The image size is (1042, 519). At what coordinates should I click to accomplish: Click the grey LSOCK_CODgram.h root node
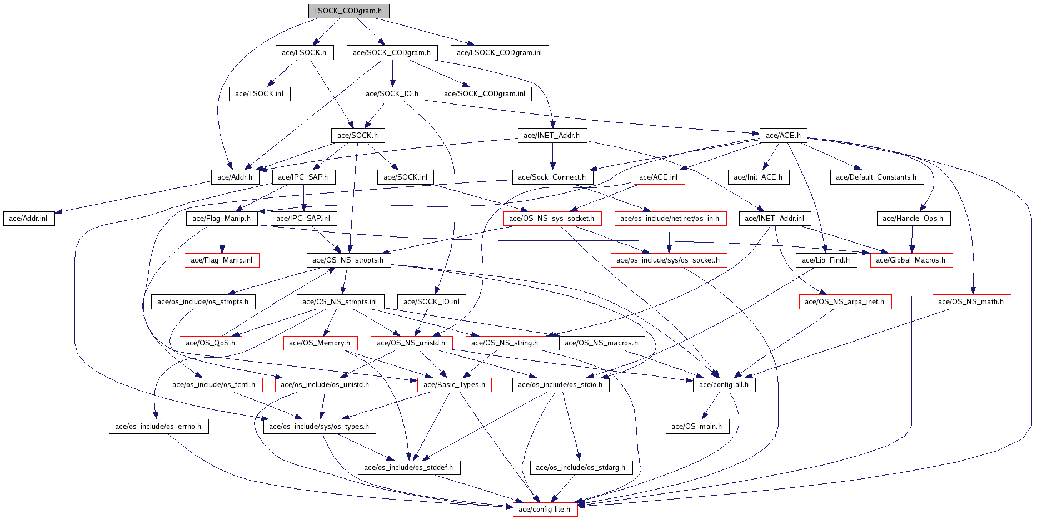tap(348, 11)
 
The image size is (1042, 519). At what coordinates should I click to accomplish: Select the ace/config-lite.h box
tap(545, 510)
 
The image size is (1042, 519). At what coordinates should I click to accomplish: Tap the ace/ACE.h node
tap(783, 136)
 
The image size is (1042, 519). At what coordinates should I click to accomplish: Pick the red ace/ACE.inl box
tap(659, 177)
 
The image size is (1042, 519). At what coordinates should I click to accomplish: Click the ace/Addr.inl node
tap(29, 219)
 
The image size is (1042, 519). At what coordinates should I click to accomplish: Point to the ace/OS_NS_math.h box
tap(971, 302)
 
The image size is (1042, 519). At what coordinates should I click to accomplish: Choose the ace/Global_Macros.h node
tap(911, 260)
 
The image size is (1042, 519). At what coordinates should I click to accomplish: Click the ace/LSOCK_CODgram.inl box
tap(500, 53)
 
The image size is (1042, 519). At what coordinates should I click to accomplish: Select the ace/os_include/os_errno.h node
tap(158, 427)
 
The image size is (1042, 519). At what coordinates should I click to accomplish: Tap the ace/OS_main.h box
tap(697, 427)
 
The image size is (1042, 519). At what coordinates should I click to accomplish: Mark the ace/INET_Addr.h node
tap(552, 136)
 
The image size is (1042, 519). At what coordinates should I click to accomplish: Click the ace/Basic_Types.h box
tap(454, 385)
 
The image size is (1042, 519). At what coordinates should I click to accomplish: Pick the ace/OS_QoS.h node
tap(211, 343)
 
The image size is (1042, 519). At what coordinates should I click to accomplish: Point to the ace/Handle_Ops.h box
tap(913, 219)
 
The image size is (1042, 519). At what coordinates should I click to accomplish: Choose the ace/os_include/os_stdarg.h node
tap(581, 468)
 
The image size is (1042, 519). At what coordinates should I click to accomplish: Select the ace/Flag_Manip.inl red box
tap(222, 260)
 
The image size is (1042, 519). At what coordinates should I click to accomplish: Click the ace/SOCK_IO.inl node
tap(432, 302)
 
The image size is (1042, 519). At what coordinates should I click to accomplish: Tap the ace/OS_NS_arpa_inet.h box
tap(845, 302)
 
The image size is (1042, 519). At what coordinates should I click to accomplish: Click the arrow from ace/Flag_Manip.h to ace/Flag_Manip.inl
tap(222, 239)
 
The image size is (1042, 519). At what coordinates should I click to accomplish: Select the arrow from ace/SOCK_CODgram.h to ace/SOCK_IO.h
tap(392, 73)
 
